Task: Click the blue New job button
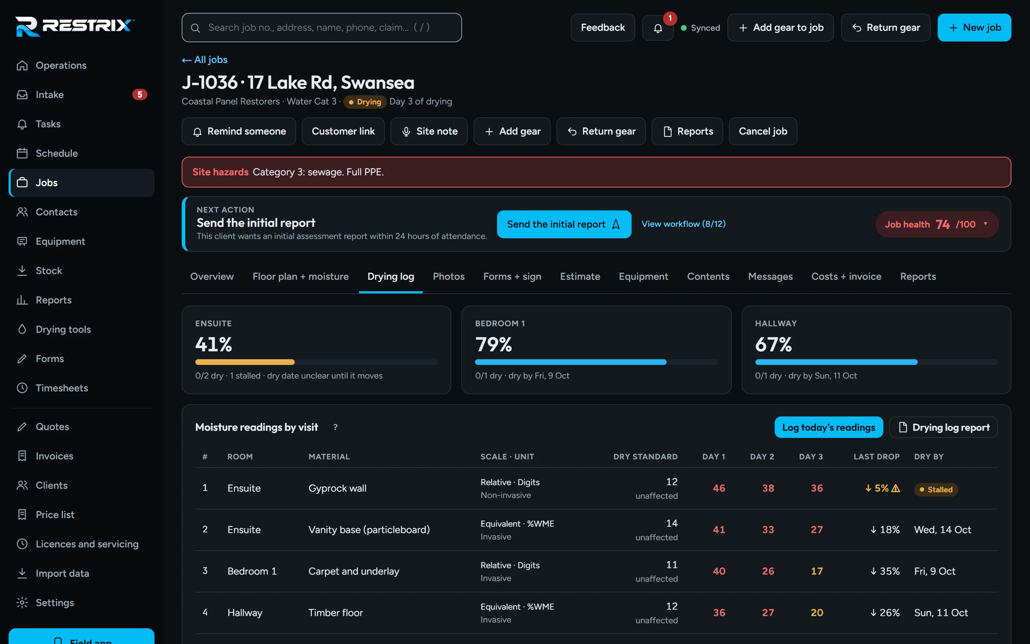point(974,28)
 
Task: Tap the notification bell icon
point(658,28)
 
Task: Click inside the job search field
point(322,28)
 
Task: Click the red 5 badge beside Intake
point(139,94)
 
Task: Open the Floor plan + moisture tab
point(300,277)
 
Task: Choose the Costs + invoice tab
point(846,277)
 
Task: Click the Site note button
point(429,131)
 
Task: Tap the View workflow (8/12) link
point(683,224)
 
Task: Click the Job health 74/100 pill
point(937,224)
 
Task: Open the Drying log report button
point(943,427)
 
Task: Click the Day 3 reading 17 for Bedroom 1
point(816,571)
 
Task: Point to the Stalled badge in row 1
point(936,489)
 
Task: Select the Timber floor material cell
point(335,613)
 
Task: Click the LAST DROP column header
point(876,457)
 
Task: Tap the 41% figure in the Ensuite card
point(214,344)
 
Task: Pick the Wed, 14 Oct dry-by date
point(942,530)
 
